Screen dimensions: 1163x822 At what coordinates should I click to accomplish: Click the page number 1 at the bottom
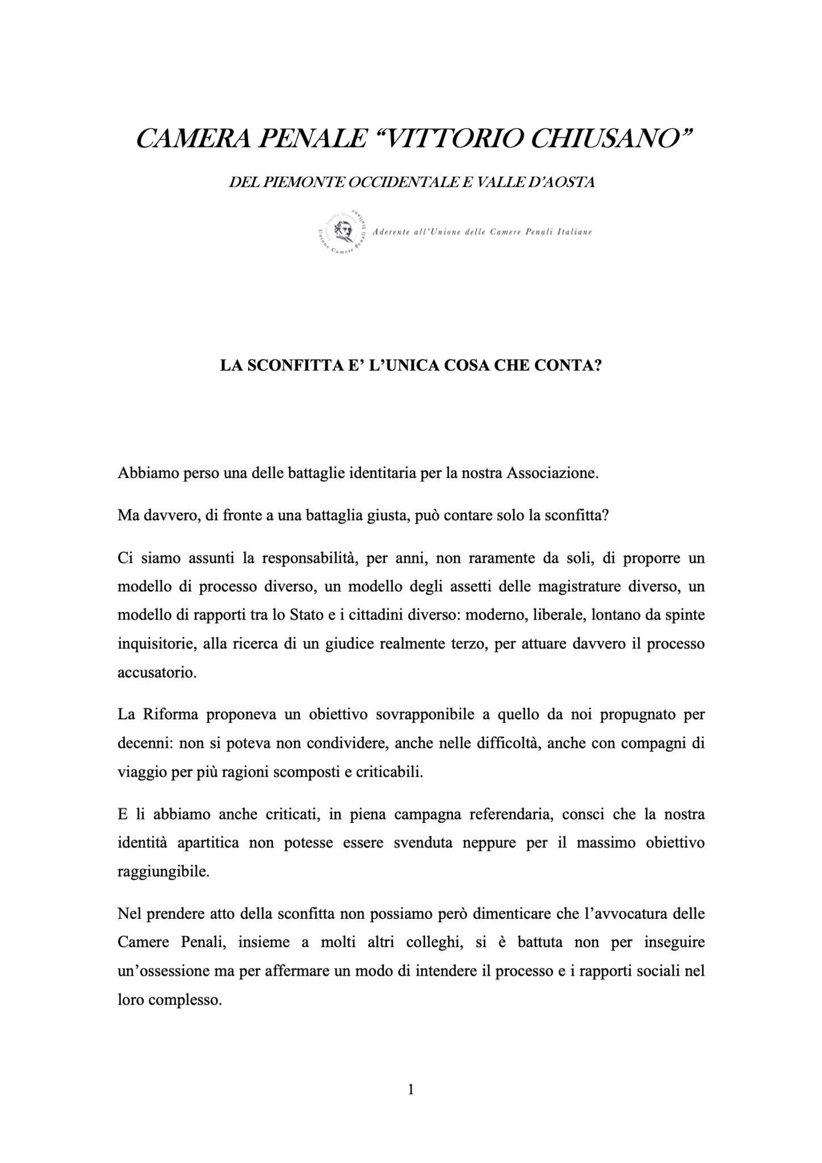coord(411,1090)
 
